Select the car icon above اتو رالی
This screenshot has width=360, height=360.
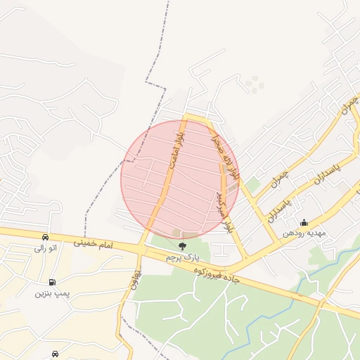(x=46, y=237)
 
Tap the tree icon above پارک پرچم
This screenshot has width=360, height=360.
(x=183, y=246)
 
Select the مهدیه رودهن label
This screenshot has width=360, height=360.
(x=303, y=233)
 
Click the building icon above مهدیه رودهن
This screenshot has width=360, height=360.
(x=304, y=222)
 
